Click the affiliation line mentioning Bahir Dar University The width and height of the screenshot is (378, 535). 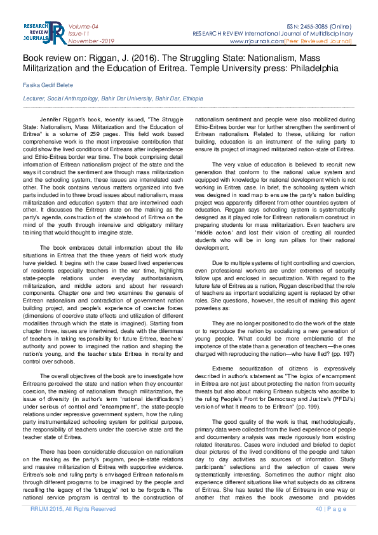tap(113, 99)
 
